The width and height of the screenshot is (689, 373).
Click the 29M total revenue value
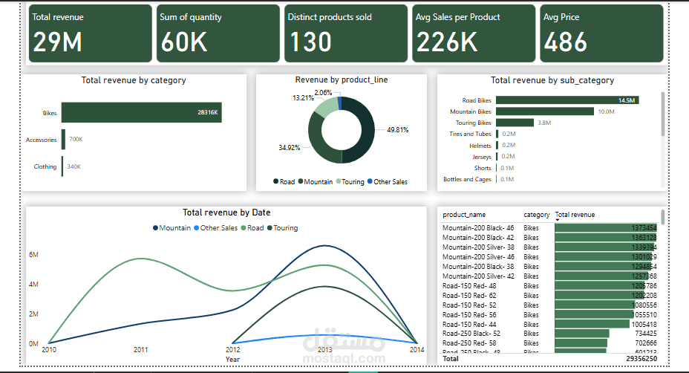tap(57, 42)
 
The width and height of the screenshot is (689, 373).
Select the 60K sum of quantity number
tap(184, 42)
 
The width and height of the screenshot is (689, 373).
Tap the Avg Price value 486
tap(566, 42)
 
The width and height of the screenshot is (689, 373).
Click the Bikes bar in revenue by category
tap(141, 112)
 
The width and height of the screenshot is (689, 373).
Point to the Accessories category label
tap(41, 139)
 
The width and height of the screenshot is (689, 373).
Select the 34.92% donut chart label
tap(289, 148)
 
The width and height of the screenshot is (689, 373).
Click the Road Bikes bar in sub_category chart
tap(567, 100)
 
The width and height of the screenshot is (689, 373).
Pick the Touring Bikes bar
tap(515, 123)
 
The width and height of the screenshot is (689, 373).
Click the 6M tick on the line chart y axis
tap(33, 254)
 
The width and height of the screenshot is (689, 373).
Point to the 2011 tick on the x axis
tap(140, 349)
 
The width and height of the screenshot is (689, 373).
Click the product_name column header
tap(464, 215)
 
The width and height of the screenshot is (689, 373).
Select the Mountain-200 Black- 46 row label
tap(479, 227)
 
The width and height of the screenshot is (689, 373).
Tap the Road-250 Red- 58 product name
tap(473, 343)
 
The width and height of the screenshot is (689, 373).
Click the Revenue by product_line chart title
tap(341, 80)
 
